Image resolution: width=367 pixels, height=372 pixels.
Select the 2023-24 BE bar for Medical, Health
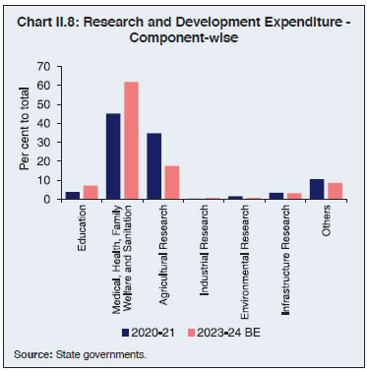point(132,141)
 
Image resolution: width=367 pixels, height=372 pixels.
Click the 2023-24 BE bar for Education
point(91,192)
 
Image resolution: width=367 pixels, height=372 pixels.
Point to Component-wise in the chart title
point(184,38)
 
